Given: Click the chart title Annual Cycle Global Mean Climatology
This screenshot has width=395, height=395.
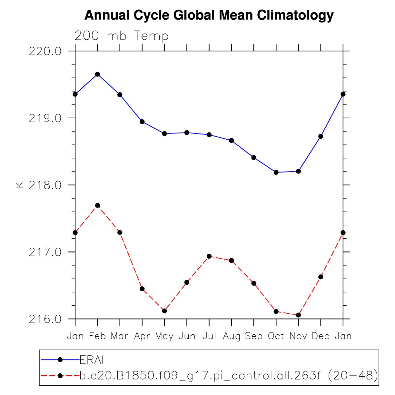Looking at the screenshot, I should pos(209,15).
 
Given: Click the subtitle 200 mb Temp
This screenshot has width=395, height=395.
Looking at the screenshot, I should pos(122,36).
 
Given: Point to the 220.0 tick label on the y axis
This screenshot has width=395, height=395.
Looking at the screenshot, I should pos(45,51).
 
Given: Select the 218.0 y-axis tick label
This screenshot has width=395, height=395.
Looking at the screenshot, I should pos(45,185).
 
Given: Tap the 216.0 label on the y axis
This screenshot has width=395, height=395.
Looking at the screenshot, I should pos(45,319).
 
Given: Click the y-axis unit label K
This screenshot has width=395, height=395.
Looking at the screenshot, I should pos(20,185).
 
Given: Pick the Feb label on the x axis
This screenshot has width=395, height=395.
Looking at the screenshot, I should pos(97,336).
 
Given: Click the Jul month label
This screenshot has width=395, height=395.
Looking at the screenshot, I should pos(209,336).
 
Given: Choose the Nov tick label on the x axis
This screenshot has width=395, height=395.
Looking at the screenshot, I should pos(298,336).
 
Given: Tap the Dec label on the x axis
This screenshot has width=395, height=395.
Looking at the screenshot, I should pos(321,336).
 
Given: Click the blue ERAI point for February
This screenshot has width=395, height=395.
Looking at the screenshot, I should pos(97,74).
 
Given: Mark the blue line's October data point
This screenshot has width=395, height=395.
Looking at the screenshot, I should pos(276,172).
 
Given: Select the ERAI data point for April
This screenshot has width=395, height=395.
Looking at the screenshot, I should pos(142,122).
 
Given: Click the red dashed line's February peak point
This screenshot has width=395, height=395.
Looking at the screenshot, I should pos(97,205).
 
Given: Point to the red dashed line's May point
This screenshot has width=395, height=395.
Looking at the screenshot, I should pos(164,311).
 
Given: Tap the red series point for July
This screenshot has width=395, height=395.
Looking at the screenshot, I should pos(209,256).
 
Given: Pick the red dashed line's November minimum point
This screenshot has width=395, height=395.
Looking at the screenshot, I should pos(298,315).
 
